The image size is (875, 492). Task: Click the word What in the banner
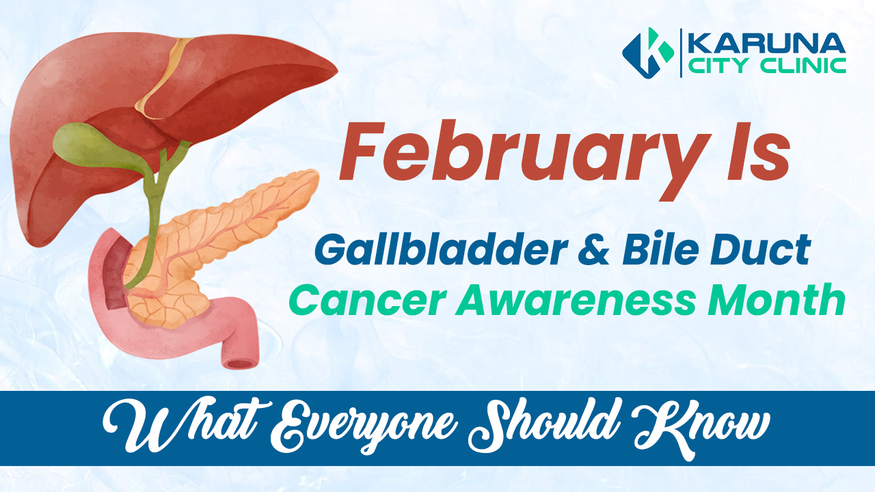[161, 428]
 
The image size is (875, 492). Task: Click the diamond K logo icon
[647, 53]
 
